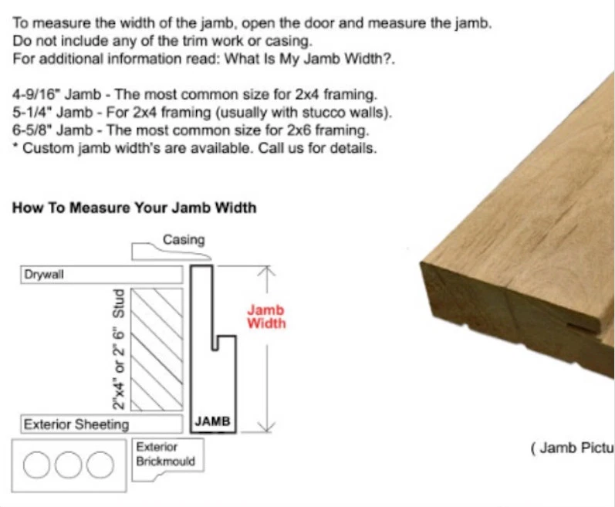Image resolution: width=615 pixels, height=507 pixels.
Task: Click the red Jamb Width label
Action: (x=266, y=316)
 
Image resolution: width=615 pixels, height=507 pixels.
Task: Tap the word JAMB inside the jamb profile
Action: (x=212, y=422)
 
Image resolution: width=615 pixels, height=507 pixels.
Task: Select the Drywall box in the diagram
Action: (x=100, y=275)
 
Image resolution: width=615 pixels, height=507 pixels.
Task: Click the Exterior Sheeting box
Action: (x=100, y=424)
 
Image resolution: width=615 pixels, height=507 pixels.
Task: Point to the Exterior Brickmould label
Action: (x=165, y=455)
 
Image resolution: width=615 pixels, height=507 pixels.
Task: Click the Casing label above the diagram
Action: (x=184, y=239)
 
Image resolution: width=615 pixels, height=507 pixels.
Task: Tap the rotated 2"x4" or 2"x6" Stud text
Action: (x=119, y=350)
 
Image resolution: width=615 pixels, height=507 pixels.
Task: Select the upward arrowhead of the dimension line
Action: (x=266, y=272)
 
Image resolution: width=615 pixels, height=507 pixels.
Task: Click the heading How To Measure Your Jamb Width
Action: (x=134, y=208)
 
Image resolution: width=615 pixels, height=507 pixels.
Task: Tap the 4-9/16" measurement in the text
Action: (x=37, y=94)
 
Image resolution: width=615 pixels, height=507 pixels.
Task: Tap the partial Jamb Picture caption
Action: (x=572, y=448)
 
